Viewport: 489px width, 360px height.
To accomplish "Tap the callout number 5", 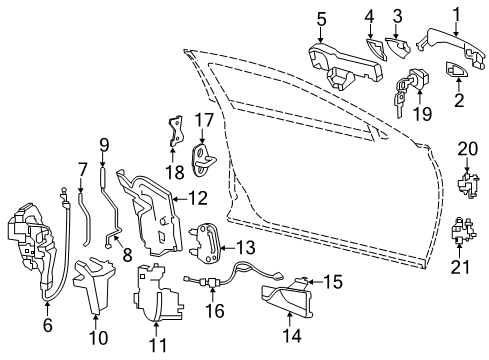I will click(322, 17).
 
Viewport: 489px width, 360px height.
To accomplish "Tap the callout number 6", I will click(47, 323).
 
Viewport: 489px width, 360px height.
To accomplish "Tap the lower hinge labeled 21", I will click(462, 238).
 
